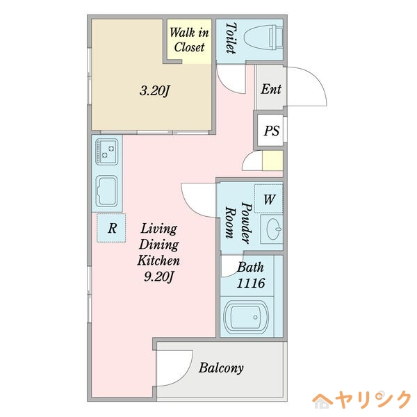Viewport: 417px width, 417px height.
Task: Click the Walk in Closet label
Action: click(x=189, y=40)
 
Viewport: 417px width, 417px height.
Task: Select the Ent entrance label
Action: click(x=270, y=89)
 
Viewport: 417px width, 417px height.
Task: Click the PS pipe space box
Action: click(x=271, y=130)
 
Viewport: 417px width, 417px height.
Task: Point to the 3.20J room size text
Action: click(x=154, y=90)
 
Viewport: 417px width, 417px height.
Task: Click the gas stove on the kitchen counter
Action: click(x=107, y=152)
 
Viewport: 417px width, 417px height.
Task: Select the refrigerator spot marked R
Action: click(x=111, y=227)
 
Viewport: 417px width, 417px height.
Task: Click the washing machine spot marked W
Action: click(x=269, y=199)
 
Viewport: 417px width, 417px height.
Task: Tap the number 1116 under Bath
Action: click(x=250, y=283)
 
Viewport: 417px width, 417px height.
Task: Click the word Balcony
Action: click(x=221, y=368)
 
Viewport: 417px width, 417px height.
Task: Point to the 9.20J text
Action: click(x=159, y=277)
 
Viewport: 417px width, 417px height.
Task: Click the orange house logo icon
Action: click(x=323, y=400)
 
